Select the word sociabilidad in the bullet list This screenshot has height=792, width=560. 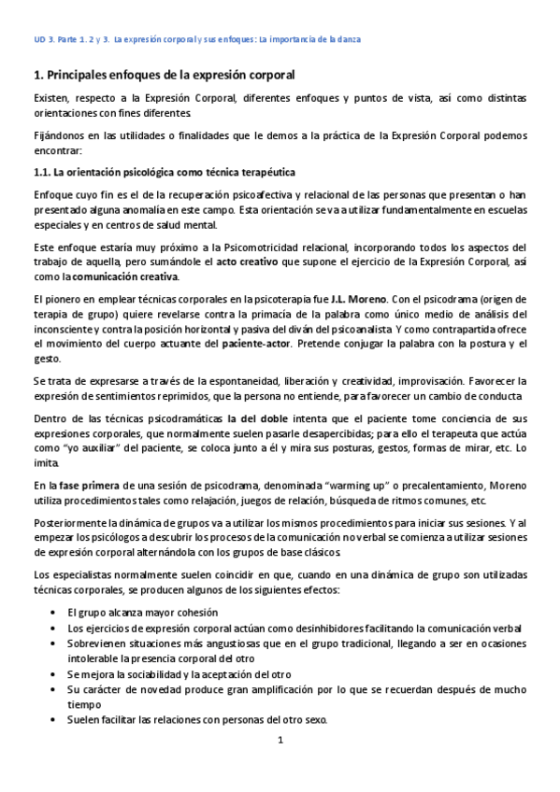(155, 673)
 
